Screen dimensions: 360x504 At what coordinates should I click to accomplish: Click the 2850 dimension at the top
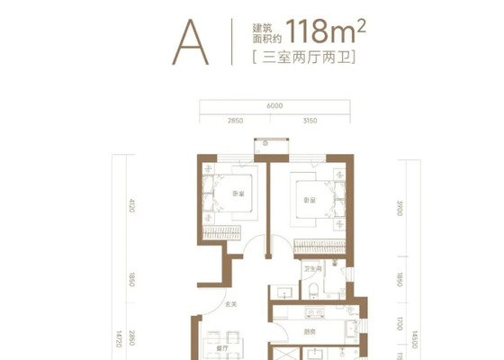click(236, 119)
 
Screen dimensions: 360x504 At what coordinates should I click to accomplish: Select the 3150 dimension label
click(310, 119)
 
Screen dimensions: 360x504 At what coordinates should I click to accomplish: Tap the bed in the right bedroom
click(319, 201)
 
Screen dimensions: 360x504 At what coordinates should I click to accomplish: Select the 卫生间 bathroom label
click(312, 267)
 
